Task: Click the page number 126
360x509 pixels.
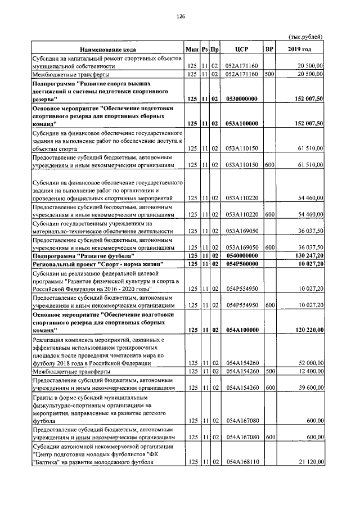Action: click(x=180, y=16)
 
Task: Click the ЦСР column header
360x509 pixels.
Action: click(x=242, y=49)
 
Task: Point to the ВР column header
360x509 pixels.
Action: click(x=269, y=49)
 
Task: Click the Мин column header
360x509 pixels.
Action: click(x=193, y=49)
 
